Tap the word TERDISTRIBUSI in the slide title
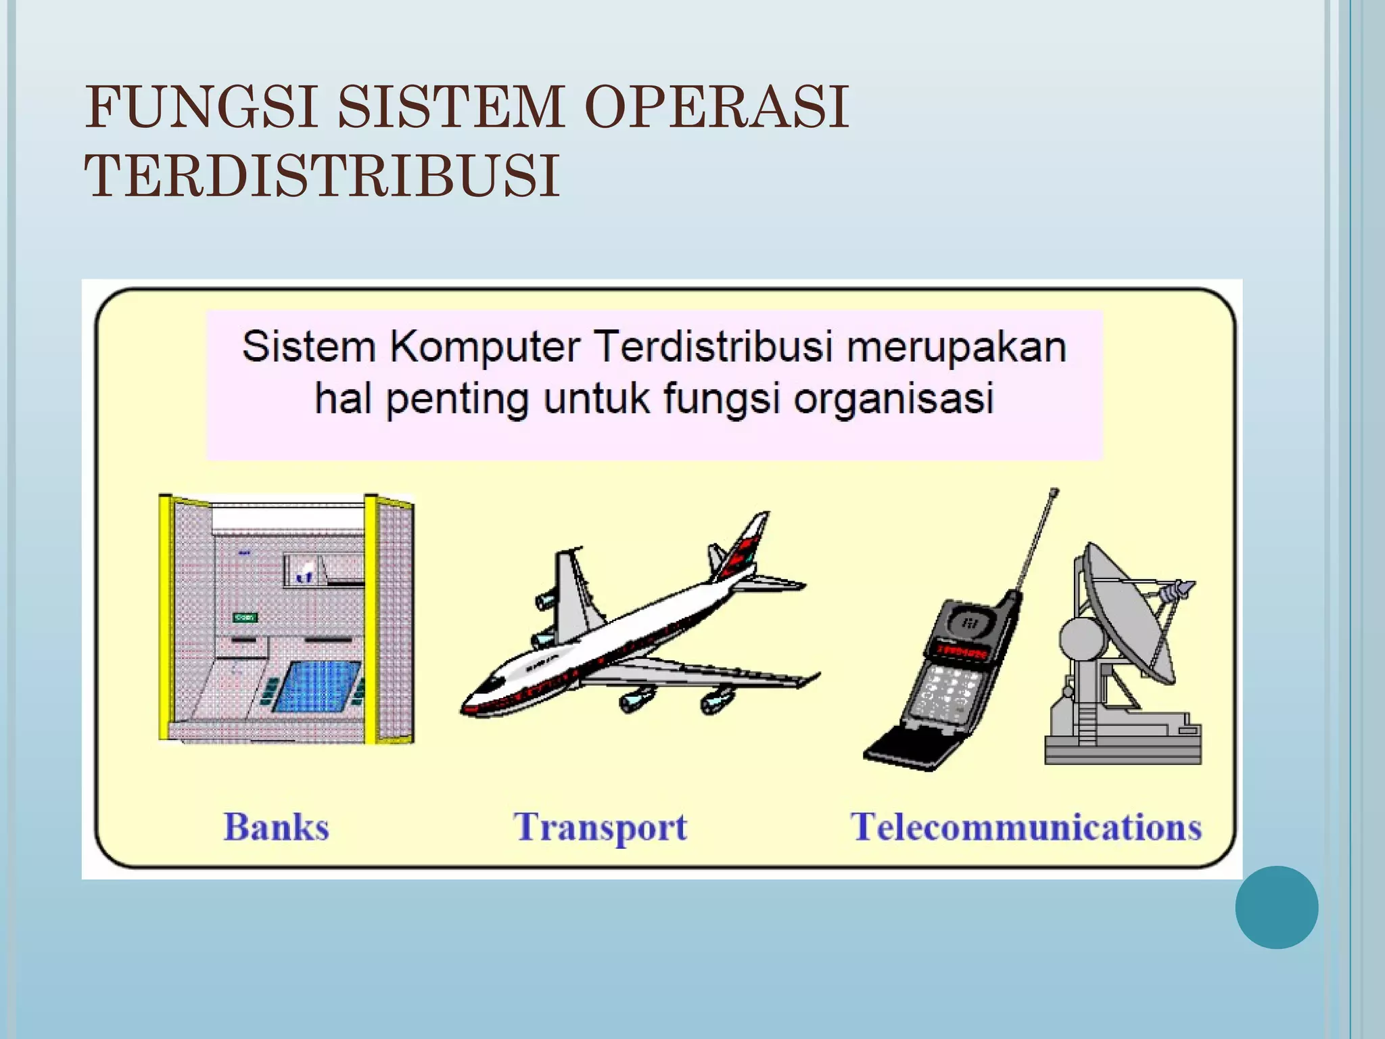click(x=322, y=176)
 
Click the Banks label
click(x=276, y=827)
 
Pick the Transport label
click(x=601, y=828)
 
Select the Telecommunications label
click(x=1026, y=827)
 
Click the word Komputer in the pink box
click(x=485, y=347)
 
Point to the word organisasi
click(x=893, y=398)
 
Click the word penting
click(x=457, y=400)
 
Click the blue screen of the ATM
click(x=316, y=686)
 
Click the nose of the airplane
click(x=470, y=706)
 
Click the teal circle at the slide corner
click(x=1276, y=907)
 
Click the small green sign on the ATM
click(x=245, y=618)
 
